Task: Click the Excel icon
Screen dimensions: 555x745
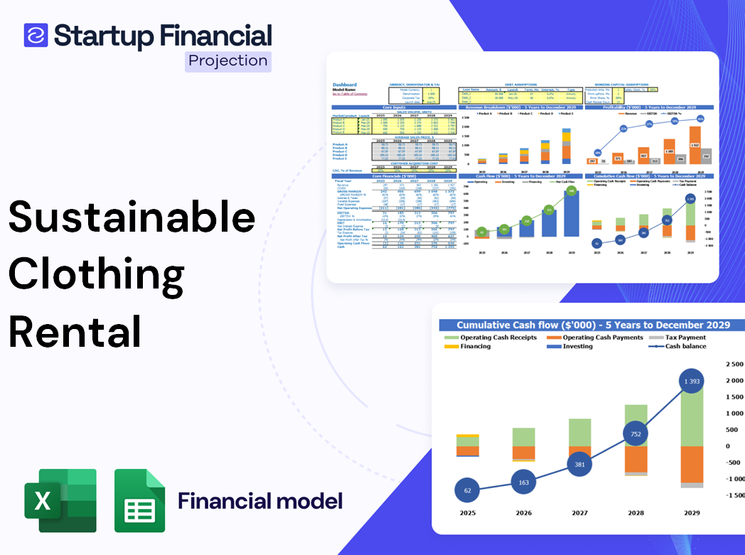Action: [60, 500]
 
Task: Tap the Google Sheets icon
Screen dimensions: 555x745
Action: [139, 500]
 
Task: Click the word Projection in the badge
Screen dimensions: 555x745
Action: [227, 60]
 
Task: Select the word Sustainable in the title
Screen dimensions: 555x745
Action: [132, 217]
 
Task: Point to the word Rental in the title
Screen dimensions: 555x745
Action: [75, 330]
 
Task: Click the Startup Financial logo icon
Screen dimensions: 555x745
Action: [36, 35]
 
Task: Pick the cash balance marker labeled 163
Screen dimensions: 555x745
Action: [523, 483]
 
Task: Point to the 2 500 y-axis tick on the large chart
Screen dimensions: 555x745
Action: [733, 364]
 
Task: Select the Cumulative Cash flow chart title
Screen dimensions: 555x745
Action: [593, 325]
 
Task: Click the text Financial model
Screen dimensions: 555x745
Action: [260, 501]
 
